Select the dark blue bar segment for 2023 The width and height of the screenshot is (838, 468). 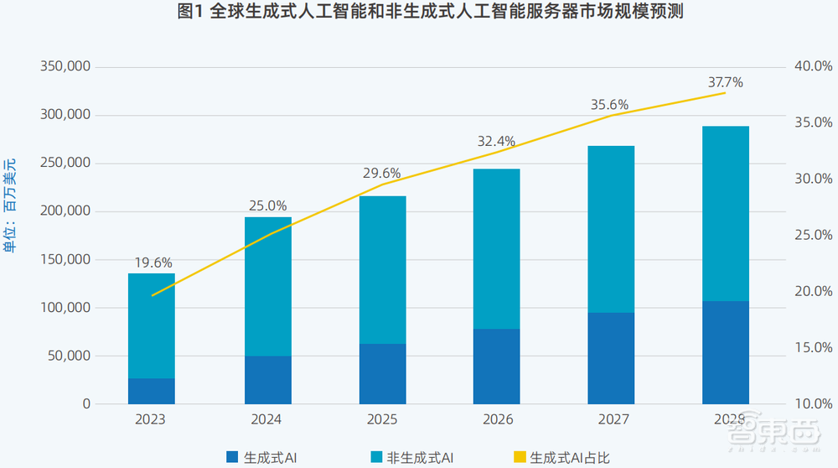(152, 391)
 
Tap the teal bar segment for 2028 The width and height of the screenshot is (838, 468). (725, 213)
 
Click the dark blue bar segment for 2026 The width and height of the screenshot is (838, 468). (496, 366)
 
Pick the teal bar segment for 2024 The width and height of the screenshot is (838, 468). (268, 286)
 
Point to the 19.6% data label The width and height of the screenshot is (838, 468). (152, 262)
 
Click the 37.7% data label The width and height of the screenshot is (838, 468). (725, 82)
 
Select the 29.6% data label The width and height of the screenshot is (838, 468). (382, 174)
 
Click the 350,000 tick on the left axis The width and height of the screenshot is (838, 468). (65, 66)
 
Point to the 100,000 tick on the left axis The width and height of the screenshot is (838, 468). (65, 308)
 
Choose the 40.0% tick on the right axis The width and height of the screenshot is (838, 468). (812, 66)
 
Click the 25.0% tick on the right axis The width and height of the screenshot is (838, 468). (812, 235)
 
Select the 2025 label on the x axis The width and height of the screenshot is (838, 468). (382, 419)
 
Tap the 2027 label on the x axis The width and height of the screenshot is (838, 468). (611, 419)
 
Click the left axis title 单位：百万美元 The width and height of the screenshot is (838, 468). (9, 205)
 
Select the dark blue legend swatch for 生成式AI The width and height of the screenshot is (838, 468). (232, 457)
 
